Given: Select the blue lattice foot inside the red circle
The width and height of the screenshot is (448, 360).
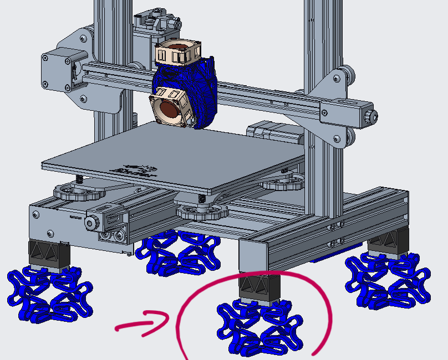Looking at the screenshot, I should [x=259, y=327].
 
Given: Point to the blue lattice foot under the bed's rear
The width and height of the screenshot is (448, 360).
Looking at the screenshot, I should [x=177, y=253].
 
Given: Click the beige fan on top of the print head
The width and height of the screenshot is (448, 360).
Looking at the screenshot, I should [x=177, y=53].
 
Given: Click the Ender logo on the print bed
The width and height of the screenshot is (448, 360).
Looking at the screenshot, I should [x=132, y=168].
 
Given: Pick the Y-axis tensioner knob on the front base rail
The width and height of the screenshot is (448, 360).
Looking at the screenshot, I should [x=92, y=223].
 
